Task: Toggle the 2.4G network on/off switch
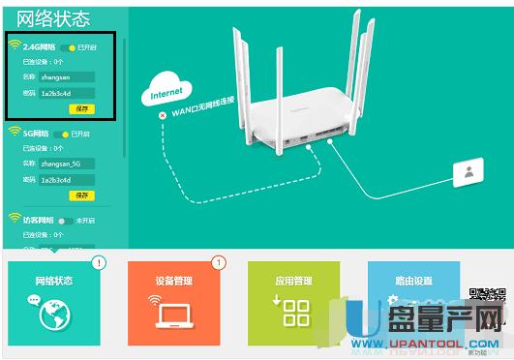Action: [67, 46]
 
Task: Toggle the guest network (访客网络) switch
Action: [65, 221]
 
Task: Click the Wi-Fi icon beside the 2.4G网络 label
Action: [15, 45]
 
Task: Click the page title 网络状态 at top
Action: [54, 18]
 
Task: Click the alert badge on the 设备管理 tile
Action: [218, 262]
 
